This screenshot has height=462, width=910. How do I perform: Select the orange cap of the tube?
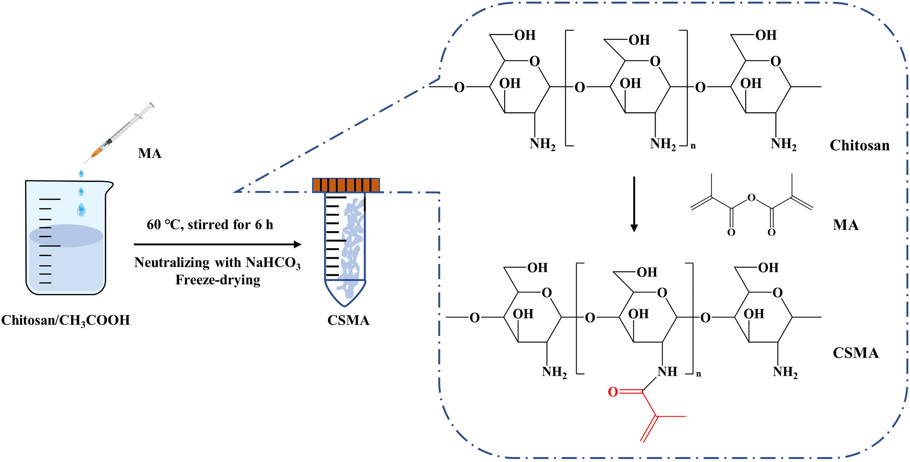346,185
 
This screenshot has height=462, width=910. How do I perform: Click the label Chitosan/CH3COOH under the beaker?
66,320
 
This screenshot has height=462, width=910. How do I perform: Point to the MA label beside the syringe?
150,154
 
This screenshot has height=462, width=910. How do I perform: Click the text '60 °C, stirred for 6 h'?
210,225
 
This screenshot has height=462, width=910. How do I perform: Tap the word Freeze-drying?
218,280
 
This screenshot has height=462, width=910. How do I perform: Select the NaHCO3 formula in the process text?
273,263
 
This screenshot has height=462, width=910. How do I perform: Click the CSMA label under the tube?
348,320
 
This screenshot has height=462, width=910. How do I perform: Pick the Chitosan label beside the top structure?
860,145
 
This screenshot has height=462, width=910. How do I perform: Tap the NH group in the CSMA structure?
667,372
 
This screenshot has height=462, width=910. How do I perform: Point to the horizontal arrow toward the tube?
217,244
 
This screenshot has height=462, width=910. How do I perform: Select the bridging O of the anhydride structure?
751,198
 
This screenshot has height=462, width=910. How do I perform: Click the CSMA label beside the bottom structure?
855,353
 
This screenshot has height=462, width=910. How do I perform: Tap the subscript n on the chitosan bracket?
693,146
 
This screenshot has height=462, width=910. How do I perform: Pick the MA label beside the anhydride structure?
846,225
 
